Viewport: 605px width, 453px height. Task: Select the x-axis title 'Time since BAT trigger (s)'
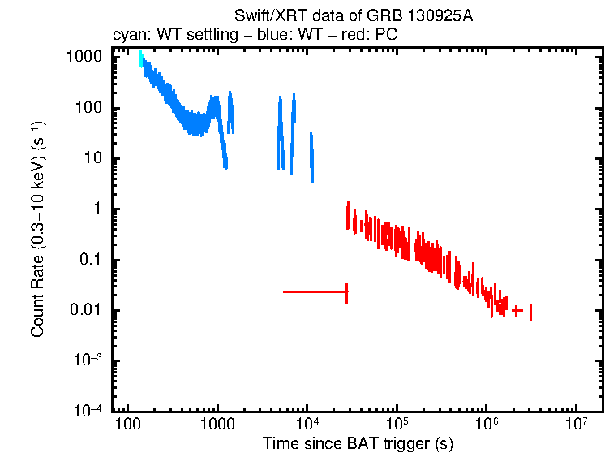358,443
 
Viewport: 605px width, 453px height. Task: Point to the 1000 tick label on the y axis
84,58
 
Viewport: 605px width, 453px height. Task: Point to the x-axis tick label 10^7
576,424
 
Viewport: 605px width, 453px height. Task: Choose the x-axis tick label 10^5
397,424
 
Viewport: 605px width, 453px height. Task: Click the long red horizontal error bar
315,291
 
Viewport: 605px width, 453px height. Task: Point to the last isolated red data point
530,313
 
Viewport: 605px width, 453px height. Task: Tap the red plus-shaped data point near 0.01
517,310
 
